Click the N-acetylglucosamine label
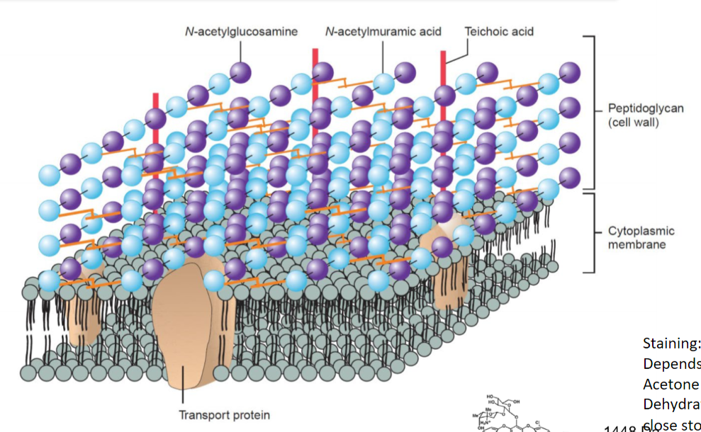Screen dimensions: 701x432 tap(240, 31)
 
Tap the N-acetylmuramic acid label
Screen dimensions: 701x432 tap(383, 31)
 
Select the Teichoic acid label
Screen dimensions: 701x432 tap(499, 31)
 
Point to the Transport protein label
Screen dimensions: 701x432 tap(225, 415)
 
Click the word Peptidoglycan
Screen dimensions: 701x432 tap(645, 109)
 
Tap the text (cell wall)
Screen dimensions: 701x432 tap(634, 123)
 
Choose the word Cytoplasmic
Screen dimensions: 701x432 tap(641, 232)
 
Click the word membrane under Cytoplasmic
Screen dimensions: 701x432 tap(636, 245)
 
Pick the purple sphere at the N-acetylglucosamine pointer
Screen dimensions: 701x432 tap(240, 72)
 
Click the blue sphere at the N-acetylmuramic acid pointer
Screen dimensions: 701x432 tap(383, 83)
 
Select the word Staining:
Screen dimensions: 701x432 tap(671, 343)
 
